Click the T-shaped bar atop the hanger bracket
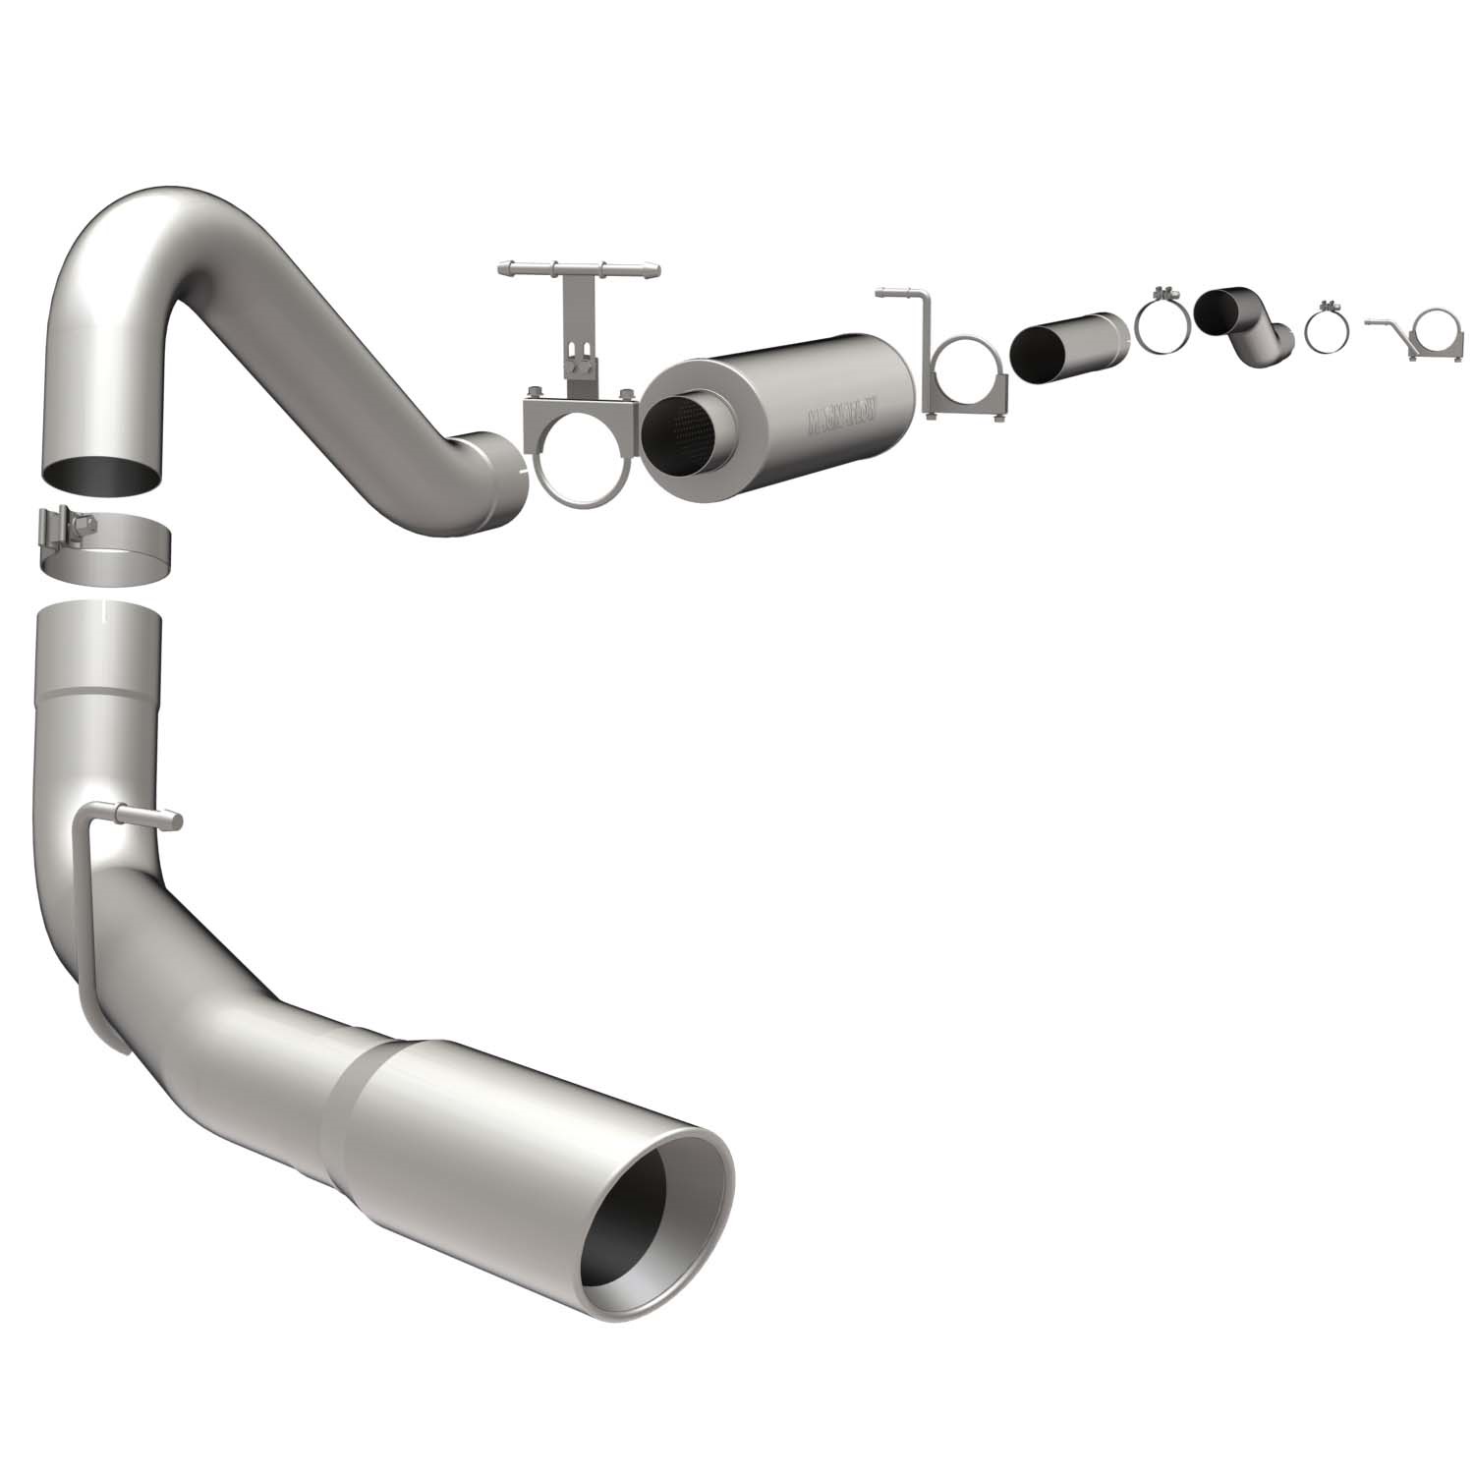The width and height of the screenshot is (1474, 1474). [580, 268]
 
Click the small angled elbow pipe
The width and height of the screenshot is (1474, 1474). [1243, 325]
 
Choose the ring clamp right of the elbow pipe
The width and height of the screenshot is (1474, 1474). [1328, 330]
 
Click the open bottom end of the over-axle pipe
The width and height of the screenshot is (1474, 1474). [102, 473]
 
